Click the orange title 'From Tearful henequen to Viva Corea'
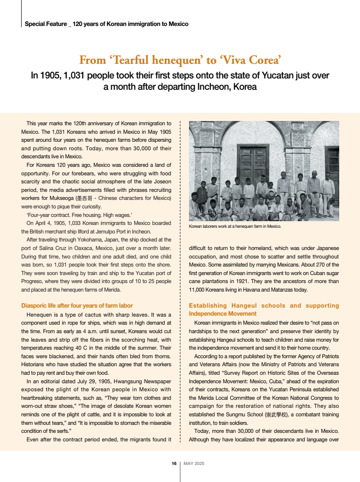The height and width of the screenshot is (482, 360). point(180,60)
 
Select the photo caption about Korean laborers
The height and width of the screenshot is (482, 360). point(235,226)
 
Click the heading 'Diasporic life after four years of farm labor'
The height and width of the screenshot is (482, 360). point(77,306)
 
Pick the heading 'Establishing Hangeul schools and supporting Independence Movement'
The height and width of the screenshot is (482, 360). point(264,310)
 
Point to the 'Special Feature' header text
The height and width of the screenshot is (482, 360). point(45,24)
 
